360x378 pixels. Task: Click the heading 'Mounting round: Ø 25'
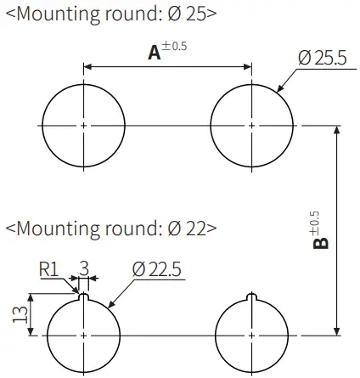[x=110, y=14]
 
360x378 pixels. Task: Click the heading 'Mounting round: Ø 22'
[x=110, y=228]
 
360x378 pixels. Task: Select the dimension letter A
[x=155, y=53]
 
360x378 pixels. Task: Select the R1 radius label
[x=50, y=269]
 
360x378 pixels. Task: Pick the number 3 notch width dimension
[x=83, y=268]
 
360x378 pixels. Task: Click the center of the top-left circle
[x=84, y=126]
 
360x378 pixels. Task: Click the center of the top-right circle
[x=252, y=126]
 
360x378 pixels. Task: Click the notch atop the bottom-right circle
[x=252, y=297]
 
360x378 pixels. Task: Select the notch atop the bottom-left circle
[x=84, y=297]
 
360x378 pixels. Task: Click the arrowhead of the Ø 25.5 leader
[x=279, y=90]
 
